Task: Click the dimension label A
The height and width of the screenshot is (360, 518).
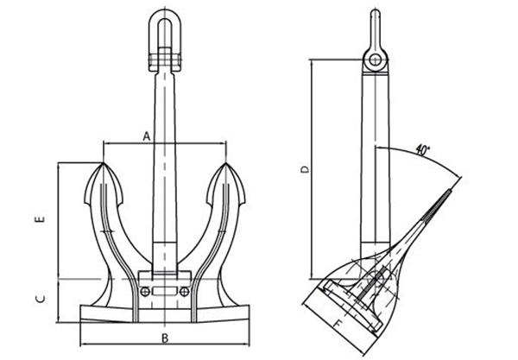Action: pos(147,136)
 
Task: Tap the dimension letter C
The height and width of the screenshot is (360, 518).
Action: pos(41,299)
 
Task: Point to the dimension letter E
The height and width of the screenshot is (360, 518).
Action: pos(41,221)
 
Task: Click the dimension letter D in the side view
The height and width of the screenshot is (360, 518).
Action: pos(303,169)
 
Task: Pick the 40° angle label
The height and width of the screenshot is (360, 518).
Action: pos(422,149)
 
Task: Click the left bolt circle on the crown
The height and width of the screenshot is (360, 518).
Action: pos(145,292)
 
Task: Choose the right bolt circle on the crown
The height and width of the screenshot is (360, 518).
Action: pos(183,292)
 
